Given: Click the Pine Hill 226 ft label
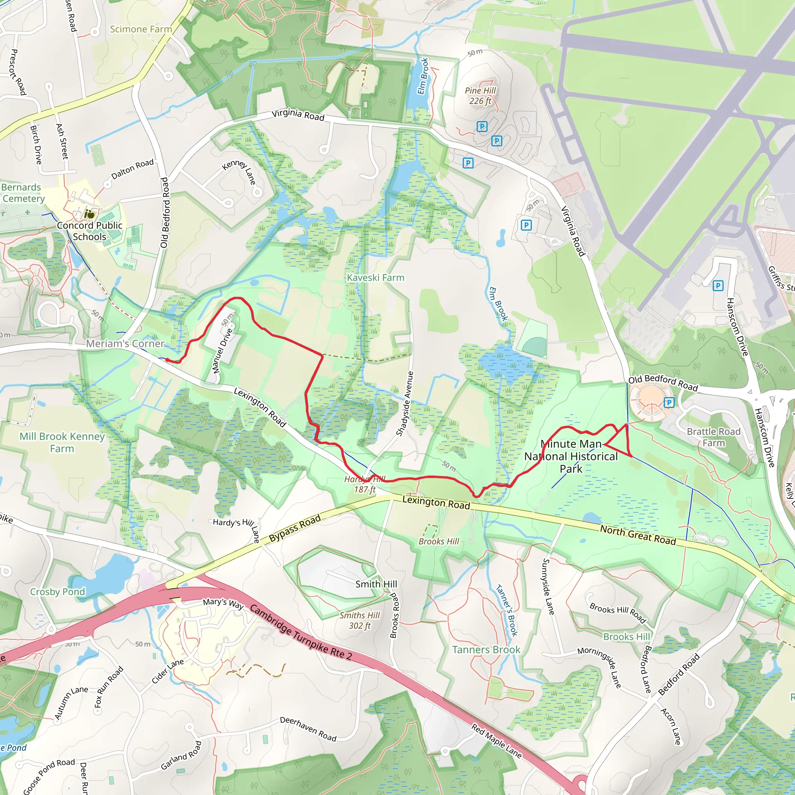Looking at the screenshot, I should (480, 96).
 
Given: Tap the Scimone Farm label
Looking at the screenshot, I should (141, 29).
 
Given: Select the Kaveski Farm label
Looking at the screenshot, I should (375, 278).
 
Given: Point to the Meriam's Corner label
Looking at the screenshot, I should (125, 344).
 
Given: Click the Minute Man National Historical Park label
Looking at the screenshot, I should (571, 456).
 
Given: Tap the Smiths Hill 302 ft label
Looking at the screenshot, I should (359, 620).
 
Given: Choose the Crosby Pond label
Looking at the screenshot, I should (57, 592).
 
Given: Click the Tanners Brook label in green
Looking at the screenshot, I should (486, 650).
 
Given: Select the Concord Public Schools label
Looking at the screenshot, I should (89, 231).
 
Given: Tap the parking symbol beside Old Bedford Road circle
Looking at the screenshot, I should (669, 402).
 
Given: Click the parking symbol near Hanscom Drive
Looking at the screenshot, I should (718, 286).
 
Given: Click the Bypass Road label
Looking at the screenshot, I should (295, 528).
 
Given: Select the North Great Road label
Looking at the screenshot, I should (638, 535).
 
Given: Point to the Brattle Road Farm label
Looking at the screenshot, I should (713, 437).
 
